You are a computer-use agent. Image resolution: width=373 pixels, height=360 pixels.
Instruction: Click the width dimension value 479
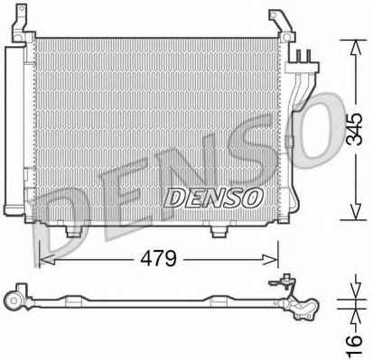(x=159, y=258)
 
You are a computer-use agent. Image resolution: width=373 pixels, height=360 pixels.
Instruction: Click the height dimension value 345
(x=354, y=130)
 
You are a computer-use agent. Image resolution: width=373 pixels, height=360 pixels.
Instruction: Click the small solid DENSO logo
(x=213, y=198)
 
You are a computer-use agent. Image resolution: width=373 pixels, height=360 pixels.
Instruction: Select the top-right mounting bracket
(x=282, y=25)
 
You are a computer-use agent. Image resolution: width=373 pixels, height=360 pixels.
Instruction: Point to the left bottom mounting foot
(x=73, y=231)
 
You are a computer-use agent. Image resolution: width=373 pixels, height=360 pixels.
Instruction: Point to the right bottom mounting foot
(x=219, y=231)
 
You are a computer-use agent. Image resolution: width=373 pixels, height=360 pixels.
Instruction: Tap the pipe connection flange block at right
(x=302, y=68)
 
